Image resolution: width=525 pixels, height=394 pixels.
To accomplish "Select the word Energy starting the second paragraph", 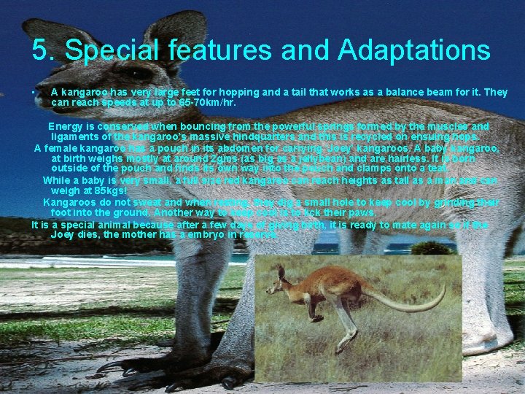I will tap(68, 126).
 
